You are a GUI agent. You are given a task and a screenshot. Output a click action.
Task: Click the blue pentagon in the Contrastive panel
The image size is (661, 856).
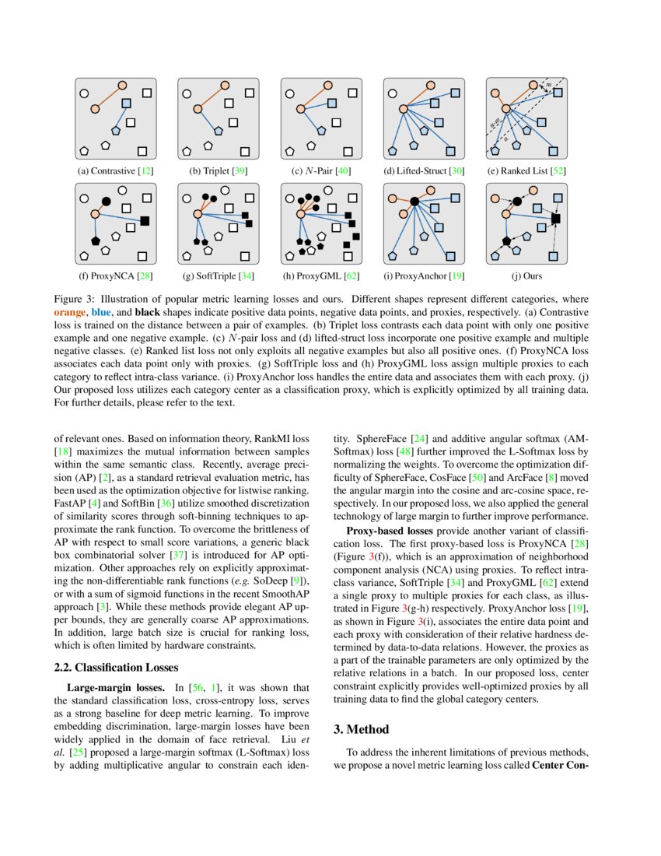115,131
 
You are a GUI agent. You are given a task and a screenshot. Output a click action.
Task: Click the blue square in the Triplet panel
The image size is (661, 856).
229,103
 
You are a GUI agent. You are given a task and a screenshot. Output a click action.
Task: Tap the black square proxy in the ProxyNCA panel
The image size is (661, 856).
145,221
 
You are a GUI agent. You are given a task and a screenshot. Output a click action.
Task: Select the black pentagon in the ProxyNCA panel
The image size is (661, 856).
96,241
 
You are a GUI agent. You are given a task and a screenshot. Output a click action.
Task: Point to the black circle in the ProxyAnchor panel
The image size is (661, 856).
414,202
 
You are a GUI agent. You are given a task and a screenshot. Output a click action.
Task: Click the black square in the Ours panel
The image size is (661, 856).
555,219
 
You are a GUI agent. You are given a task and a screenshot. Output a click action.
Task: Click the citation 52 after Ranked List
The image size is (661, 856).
557,170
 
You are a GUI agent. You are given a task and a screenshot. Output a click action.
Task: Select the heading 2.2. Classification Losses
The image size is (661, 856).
116,667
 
